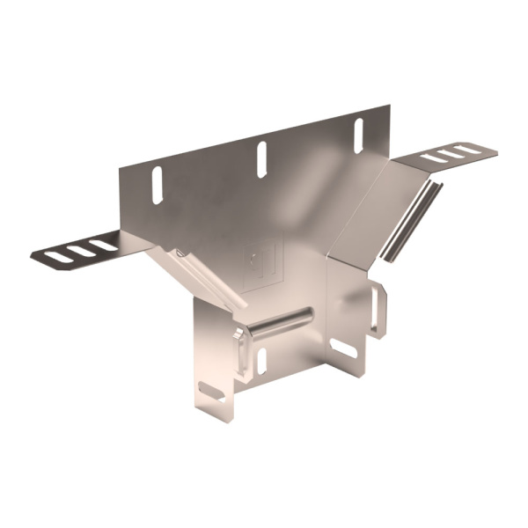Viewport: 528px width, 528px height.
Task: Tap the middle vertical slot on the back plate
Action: point(261,156)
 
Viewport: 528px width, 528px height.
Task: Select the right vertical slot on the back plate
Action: point(358,131)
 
